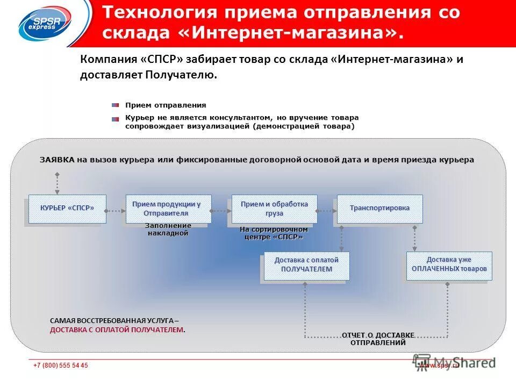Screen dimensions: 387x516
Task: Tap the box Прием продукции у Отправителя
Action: coord(168,209)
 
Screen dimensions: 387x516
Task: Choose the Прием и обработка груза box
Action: coord(274,209)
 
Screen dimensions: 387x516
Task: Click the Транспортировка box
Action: coord(379,209)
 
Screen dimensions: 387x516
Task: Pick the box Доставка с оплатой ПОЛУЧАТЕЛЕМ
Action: coord(306,266)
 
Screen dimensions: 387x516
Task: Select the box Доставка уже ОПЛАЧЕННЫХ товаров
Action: coord(449,265)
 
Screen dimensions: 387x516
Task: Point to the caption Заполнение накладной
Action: coord(168,230)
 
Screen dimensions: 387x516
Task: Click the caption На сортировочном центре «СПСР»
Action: coord(274,233)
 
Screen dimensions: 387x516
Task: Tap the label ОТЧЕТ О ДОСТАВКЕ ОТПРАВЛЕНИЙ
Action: coord(378,339)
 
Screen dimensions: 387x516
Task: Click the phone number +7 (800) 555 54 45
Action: coord(60,365)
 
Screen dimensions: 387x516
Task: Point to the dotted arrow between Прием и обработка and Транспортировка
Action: coord(327,211)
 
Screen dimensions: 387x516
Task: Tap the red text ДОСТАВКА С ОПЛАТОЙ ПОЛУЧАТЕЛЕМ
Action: coord(117,329)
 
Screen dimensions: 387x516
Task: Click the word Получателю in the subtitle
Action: coord(181,75)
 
